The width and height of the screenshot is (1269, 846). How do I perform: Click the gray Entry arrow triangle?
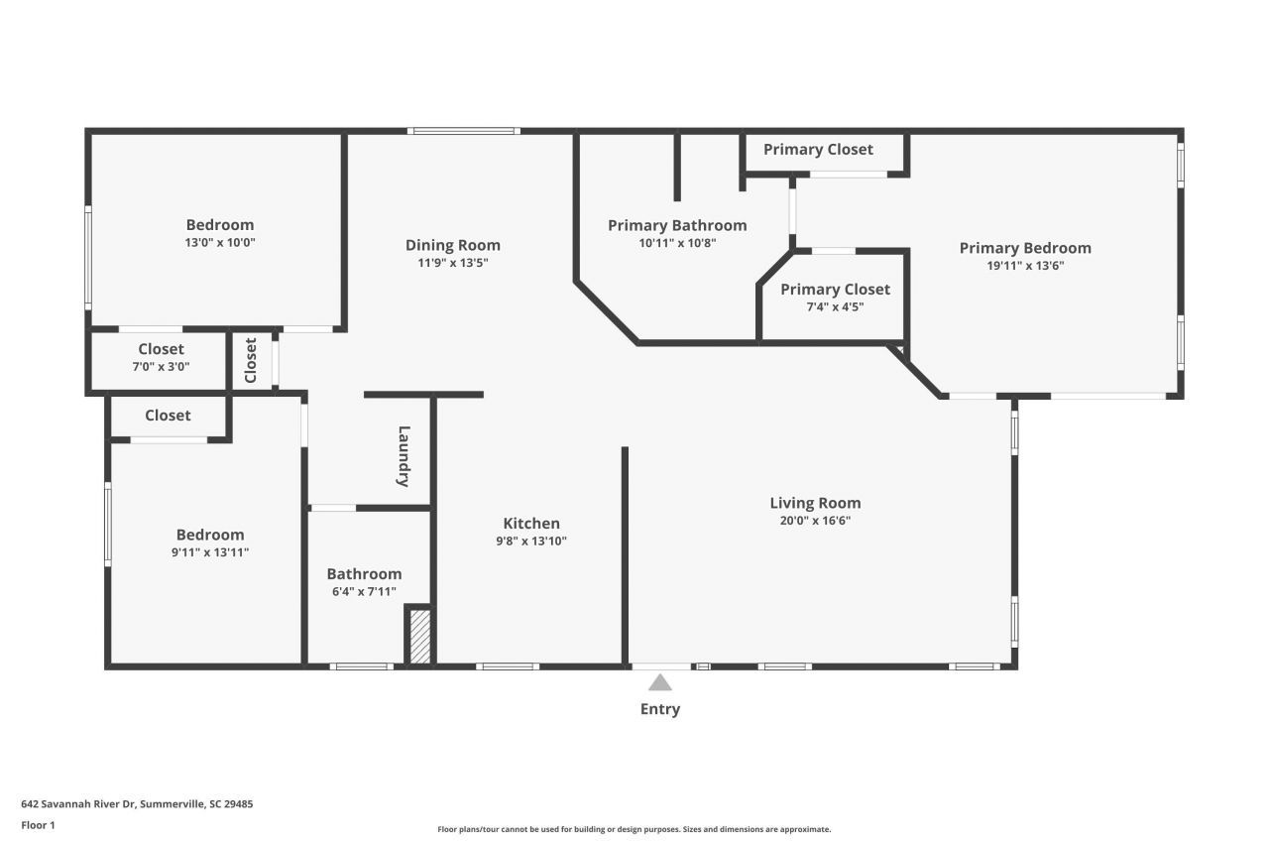[x=660, y=682]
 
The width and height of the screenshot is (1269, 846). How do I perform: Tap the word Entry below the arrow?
[x=660, y=709]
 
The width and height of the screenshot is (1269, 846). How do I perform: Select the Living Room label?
[x=815, y=503]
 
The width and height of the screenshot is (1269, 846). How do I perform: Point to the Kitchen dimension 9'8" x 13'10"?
[x=531, y=541]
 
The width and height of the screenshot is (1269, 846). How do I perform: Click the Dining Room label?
[x=452, y=245]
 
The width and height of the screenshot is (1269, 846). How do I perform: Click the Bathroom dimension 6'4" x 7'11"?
[x=364, y=591]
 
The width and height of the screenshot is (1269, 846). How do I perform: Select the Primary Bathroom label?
[x=677, y=225]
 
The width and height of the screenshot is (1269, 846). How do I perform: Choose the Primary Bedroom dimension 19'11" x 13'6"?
[x=1025, y=265]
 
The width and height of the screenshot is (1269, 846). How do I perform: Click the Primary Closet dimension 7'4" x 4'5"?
[x=835, y=306]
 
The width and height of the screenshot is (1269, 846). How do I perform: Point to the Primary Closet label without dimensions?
[x=818, y=149]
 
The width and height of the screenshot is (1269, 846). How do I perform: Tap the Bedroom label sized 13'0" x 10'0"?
[x=220, y=225]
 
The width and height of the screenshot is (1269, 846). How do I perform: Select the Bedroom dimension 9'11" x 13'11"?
[x=210, y=552]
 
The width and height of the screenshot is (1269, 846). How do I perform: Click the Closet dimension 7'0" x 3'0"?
[x=161, y=366]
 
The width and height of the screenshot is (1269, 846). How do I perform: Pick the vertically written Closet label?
[x=251, y=360]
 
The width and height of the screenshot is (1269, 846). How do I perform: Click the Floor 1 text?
[x=38, y=824]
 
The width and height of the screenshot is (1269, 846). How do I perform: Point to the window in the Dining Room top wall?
[x=463, y=131]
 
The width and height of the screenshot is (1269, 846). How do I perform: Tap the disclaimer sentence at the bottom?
[x=634, y=829]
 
